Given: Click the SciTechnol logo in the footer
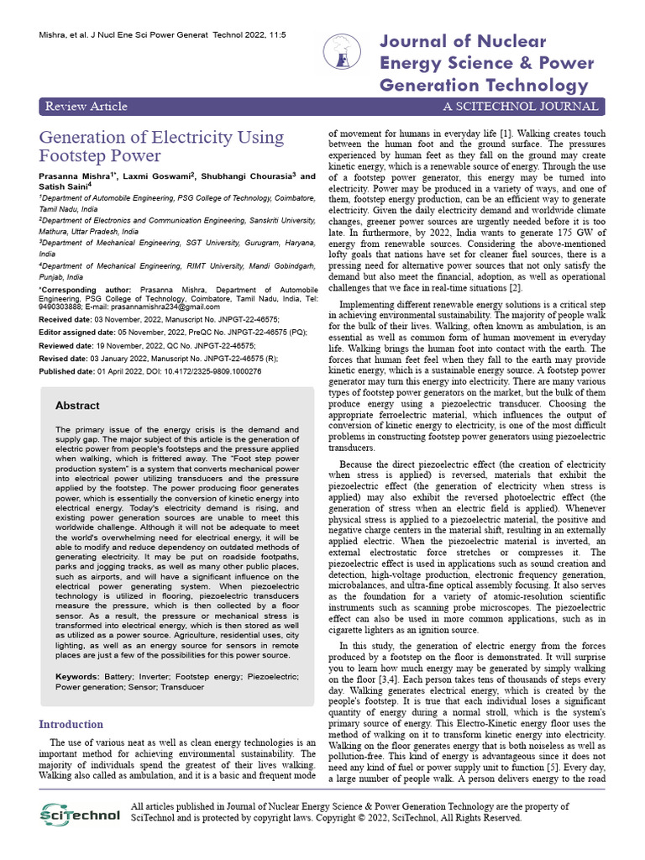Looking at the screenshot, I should pos(81,814).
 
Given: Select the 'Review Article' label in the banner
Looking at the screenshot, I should pos(87,106).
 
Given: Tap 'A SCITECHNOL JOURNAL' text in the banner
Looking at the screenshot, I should pos(521,106).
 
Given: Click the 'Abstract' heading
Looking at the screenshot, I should pos(77,406).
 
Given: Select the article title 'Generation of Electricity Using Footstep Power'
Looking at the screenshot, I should pos(161,146).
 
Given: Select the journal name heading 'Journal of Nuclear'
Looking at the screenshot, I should pos(463,42).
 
